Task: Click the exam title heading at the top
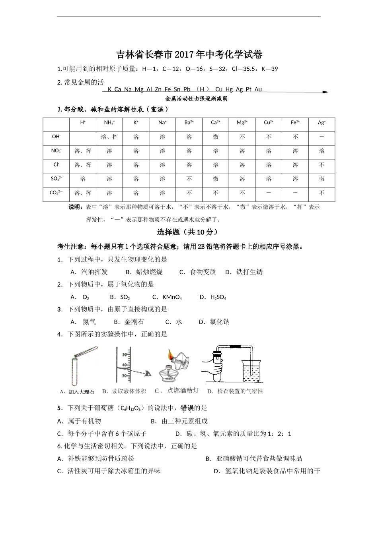[x=189, y=54]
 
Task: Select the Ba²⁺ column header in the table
[x=189, y=123]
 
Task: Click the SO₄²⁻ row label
[x=56, y=179]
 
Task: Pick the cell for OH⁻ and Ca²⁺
[x=216, y=137]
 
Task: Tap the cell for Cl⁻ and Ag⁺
[x=321, y=165]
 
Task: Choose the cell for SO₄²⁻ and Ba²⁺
[x=189, y=179]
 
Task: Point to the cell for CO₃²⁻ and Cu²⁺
[x=269, y=193]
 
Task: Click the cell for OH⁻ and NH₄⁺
[x=109, y=137]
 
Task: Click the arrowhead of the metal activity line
[x=325, y=92]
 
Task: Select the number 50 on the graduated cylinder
[x=124, y=354]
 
